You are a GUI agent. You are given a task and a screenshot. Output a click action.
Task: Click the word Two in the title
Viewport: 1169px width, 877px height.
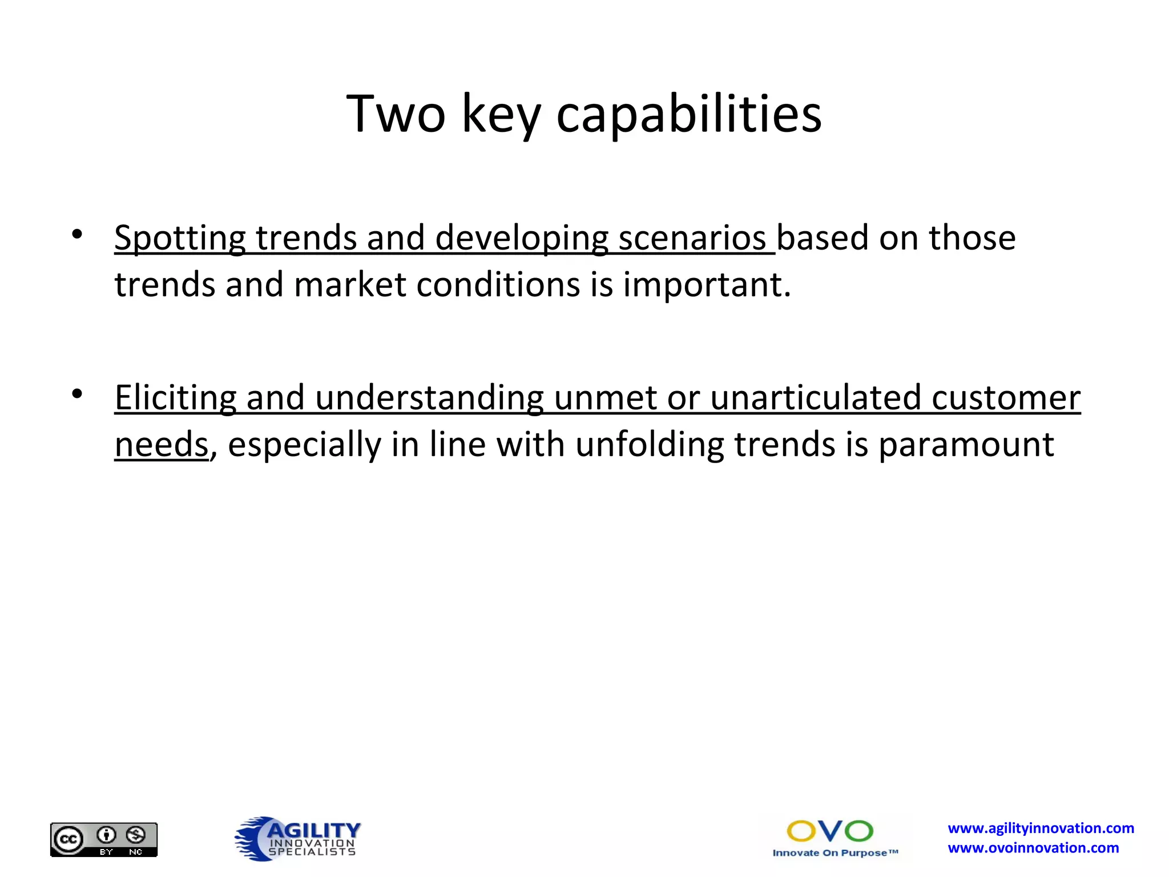click(396, 114)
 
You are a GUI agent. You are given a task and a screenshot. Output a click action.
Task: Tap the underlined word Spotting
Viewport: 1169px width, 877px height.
click(180, 238)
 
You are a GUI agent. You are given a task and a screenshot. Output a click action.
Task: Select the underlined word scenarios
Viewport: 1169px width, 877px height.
click(692, 238)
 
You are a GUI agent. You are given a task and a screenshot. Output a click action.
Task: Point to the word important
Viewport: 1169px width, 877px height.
click(707, 285)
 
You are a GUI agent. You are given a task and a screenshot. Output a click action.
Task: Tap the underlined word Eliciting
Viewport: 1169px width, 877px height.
click(175, 398)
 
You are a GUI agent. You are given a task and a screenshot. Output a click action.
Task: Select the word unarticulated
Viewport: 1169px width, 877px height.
click(816, 398)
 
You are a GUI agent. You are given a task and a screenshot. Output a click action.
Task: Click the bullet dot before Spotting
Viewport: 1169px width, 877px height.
click(77, 234)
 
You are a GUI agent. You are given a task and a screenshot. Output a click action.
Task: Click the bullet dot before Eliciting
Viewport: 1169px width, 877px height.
click(77, 394)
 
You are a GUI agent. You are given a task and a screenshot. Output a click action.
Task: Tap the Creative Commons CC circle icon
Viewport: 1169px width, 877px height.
click(68, 840)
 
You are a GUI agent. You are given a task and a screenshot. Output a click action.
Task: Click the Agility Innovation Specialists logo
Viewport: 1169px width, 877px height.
click(297, 838)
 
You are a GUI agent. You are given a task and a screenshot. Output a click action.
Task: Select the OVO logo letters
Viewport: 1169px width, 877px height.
click(830, 831)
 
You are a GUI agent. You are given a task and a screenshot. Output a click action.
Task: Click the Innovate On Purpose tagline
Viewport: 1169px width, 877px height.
click(835, 853)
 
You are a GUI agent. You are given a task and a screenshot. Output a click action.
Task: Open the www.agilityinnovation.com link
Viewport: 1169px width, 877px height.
click(1041, 828)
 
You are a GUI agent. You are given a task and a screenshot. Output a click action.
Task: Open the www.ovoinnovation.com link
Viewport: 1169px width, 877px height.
click(1033, 848)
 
